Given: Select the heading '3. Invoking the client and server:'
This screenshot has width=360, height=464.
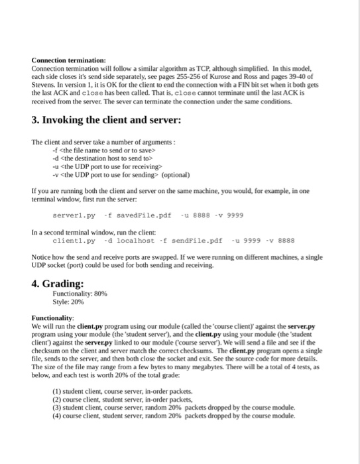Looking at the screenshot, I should [x=106, y=121].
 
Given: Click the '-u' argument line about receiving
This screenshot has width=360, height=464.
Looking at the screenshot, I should [x=94, y=167].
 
